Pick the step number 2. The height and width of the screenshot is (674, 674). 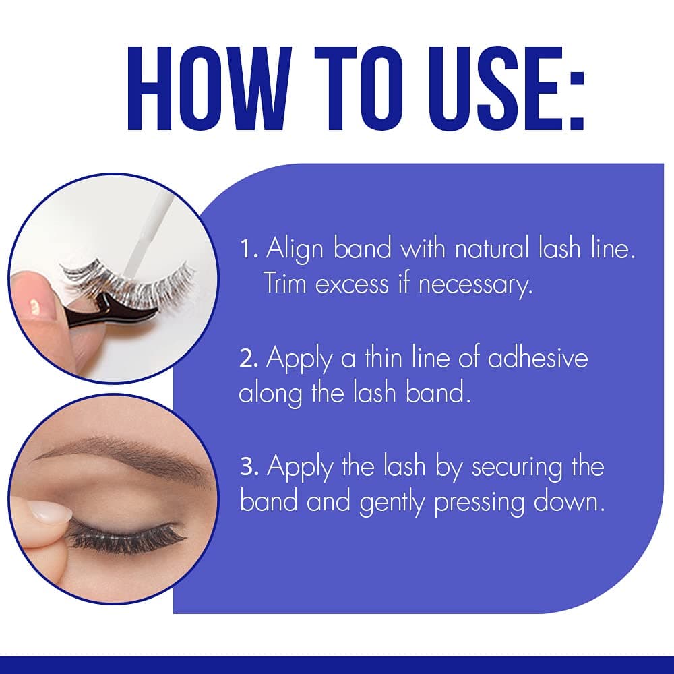[248, 359]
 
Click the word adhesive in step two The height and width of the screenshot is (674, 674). [537, 359]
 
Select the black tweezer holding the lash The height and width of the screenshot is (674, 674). [115, 311]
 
